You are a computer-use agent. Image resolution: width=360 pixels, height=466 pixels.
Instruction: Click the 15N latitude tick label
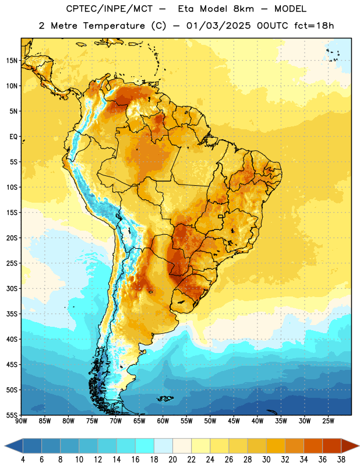pos(12,61)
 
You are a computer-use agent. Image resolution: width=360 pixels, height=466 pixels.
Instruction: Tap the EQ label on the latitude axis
pos(13,137)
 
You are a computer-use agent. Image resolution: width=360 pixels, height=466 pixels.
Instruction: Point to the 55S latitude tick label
pos(12,415)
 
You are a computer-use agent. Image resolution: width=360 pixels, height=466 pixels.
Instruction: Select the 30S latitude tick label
pos(12,288)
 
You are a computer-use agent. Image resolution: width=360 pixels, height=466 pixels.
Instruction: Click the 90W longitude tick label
pos(21,421)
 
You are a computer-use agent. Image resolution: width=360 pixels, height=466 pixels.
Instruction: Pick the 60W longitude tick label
pos(163,421)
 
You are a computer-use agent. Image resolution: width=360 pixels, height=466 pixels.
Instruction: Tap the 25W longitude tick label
pos(328,421)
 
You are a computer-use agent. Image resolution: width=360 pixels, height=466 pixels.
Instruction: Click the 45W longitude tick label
pos(234,421)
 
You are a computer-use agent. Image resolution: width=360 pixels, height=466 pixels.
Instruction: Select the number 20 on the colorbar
pos(172,460)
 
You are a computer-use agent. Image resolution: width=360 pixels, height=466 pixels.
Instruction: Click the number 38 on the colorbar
pos(341,460)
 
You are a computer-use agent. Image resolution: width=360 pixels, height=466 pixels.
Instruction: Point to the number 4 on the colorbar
pos(23,460)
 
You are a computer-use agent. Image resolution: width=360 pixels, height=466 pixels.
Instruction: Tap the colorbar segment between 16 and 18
pos(145,446)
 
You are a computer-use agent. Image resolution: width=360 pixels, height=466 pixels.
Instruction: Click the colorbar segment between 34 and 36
pos(313,446)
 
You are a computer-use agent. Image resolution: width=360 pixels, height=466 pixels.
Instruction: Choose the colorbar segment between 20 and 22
pos(182,446)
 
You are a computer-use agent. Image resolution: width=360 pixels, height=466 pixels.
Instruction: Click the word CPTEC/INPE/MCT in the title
pos(109,9)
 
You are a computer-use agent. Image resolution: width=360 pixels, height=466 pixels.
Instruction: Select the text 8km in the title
pos(243,9)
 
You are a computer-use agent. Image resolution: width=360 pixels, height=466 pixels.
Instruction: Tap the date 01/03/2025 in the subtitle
pos(218,26)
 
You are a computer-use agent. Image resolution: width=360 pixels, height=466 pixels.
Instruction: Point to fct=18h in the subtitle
pos(314,26)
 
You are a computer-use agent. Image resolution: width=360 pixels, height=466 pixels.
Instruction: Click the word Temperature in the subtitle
pos(114,26)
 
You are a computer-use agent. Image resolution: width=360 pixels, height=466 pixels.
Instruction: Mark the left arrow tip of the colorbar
pos(5,446)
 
